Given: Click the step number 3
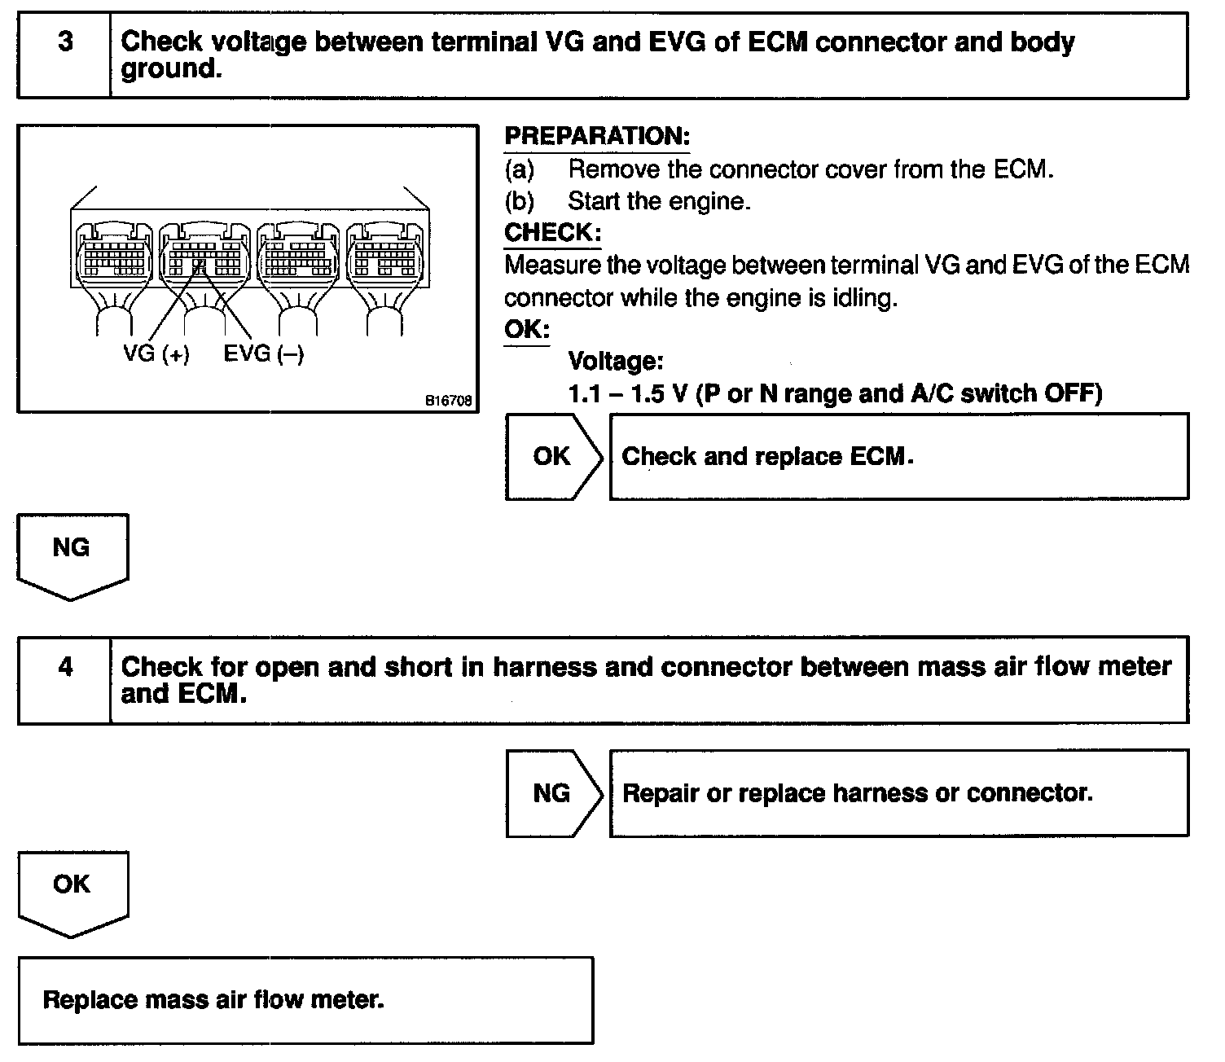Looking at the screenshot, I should [x=64, y=42].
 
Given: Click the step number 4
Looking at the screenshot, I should [x=65, y=668].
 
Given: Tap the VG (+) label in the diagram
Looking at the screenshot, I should [x=156, y=354].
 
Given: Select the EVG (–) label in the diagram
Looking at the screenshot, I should [x=263, y=354].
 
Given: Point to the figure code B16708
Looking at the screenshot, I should [x=446, y=402].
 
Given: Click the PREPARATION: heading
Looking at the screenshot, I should [x=597, y=136].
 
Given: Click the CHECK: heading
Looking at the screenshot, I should [x=552, y=232].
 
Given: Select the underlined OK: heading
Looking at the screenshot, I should [x=526, y=330].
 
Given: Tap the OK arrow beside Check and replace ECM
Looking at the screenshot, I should [x=552, y=457].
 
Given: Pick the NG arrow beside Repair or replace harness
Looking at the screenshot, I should [x=552, y=793].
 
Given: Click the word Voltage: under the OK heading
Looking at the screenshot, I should [x=615, y=361].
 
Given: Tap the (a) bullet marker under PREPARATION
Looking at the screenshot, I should [x=520, y=169].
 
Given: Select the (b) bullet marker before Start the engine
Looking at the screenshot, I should [x=520, y=200].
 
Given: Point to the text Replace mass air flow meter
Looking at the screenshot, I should [x=213, y=999].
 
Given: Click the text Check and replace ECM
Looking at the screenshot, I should [x=767, y=457].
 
